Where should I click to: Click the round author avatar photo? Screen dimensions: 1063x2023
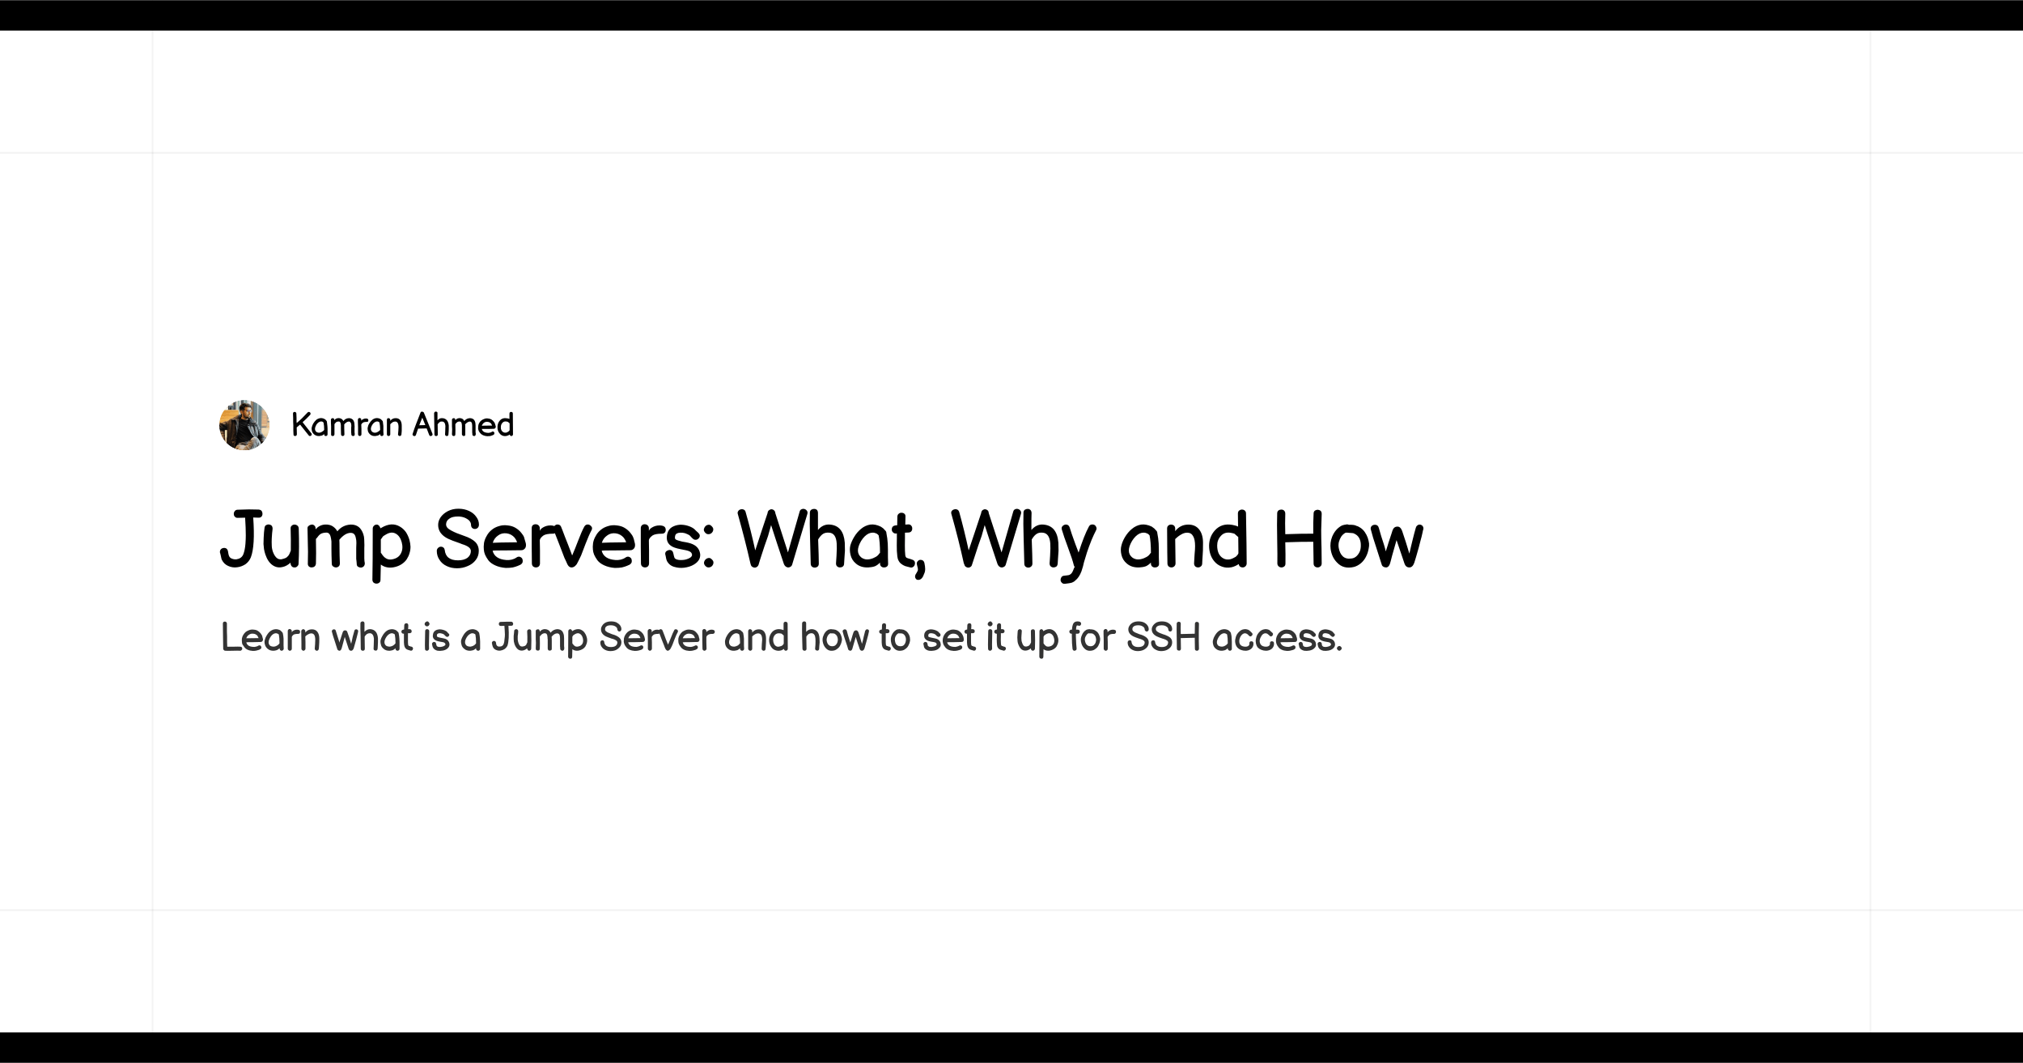pos(244,425)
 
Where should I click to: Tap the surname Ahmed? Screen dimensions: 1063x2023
pos(463,425)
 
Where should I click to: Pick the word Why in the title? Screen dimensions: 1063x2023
pos(1024,541)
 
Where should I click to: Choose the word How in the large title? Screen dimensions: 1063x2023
pos(1348,541)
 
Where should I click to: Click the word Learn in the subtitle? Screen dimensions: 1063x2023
pos(270,637)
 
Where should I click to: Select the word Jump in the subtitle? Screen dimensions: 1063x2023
pos(539,639)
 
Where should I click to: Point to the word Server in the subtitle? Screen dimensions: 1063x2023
pos(656,637)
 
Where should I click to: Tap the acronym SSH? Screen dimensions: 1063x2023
pos(1163,637)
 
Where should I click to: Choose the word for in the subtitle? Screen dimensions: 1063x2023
pos(1092,637)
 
